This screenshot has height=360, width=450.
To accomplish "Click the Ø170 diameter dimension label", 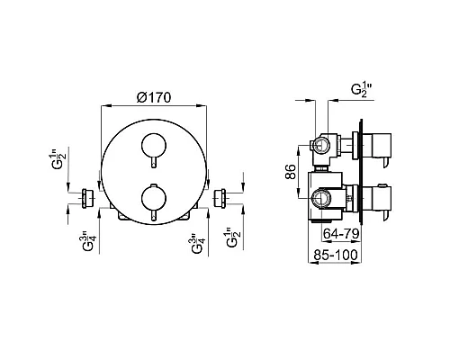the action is coord(154,97).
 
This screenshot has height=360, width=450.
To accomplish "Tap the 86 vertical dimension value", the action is coord(291,172).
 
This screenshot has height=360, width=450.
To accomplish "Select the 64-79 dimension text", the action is coord(341,233).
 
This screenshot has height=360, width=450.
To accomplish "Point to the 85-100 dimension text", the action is coord(336,255).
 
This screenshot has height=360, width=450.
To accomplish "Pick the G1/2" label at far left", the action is coord(57,162).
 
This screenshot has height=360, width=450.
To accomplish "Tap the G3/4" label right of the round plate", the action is coord(198,243).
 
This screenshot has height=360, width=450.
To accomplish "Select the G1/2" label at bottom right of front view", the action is coord(234,238).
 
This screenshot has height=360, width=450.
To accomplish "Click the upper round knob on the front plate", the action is coord(154,145).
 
